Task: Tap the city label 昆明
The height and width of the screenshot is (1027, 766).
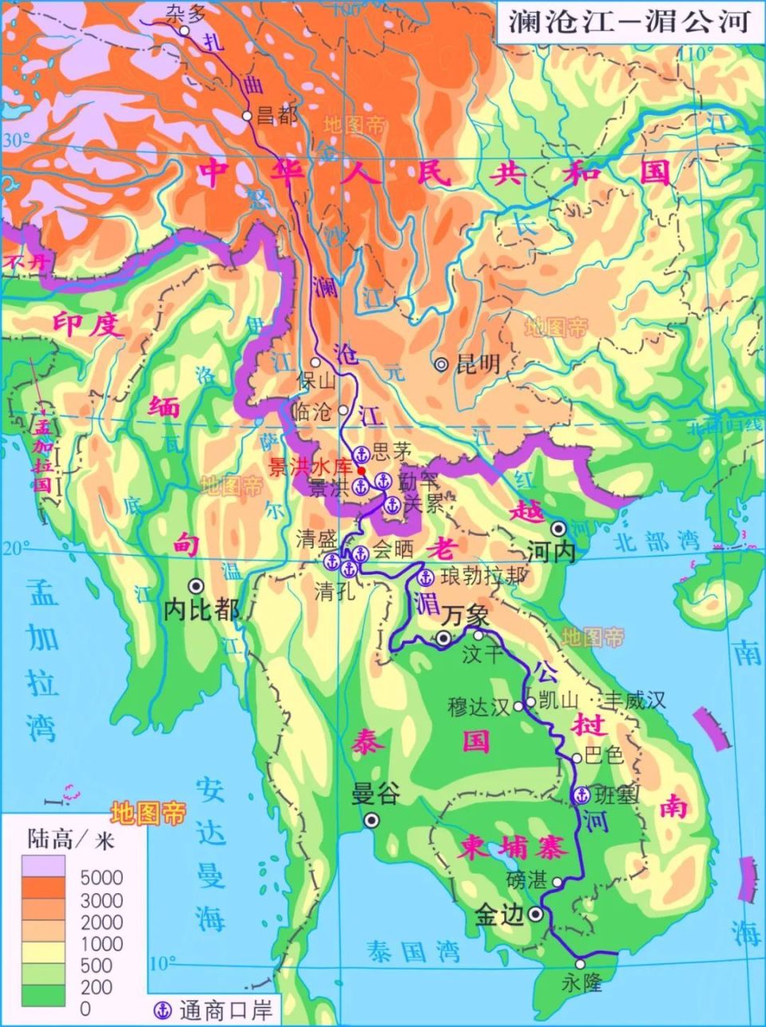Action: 477,364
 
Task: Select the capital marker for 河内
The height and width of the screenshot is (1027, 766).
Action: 559,528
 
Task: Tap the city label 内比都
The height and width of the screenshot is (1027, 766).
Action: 201,610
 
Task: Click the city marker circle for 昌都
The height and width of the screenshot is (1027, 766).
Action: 247,116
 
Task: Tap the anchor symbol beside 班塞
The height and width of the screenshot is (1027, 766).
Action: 582,795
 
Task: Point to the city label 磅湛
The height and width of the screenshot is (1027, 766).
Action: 527,880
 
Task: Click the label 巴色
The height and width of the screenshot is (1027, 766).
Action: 604,755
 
